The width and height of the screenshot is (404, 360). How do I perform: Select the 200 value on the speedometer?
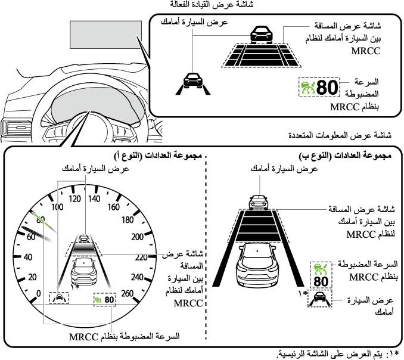137,237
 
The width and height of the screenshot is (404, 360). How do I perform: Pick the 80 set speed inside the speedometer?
108,299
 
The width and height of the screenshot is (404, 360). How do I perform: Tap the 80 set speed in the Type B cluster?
321,281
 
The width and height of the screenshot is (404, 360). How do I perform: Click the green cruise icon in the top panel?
306,88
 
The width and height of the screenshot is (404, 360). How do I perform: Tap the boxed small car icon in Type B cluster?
319,298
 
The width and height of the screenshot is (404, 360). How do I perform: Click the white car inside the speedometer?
85,271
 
